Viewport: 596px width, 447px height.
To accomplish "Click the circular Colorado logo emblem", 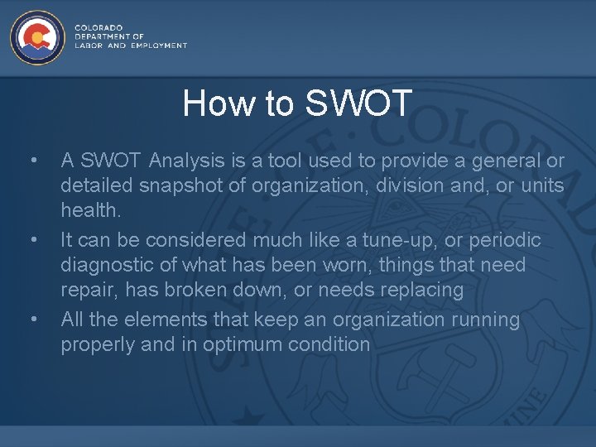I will tap(36, 38).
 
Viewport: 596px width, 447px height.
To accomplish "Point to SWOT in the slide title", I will tap(358, 103).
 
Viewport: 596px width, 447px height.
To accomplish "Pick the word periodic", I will tap(512, 240).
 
